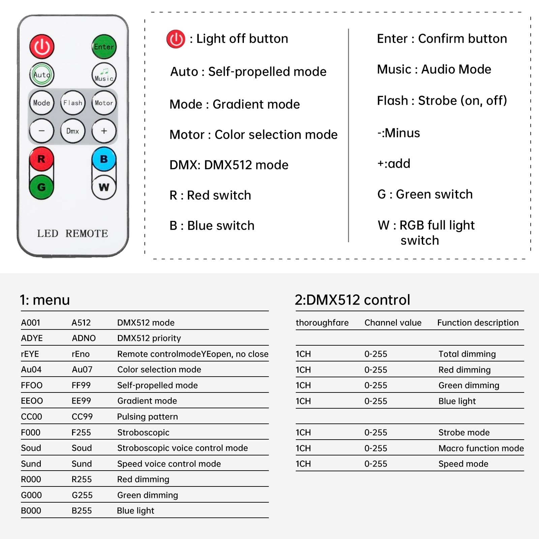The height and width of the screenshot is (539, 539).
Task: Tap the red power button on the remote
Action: [42, 46]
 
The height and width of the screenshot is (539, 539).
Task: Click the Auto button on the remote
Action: [42, 74]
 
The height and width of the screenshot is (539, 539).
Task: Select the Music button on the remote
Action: [104, 75]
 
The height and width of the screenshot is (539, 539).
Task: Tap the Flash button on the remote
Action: [73, 103]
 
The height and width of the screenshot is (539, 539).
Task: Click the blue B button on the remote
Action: [104, 159]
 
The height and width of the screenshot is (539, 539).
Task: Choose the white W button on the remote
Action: [104, 187]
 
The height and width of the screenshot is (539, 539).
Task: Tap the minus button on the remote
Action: [41, 131]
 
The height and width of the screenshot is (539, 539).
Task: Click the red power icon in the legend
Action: [176, 39]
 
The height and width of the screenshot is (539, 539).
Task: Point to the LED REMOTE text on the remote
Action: [72, 233]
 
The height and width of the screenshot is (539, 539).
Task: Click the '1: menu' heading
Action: [45, 299]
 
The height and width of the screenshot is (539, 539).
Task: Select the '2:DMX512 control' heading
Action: [352, 299]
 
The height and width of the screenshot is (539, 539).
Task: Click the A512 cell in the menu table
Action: [81, 322]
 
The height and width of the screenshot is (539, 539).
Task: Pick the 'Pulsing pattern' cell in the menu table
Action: [147, 416]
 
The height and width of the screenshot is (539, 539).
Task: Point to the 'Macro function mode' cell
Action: [481, 448]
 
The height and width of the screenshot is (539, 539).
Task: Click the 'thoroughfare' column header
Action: [322, 322]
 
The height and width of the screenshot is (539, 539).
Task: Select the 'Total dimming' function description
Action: [467, 354]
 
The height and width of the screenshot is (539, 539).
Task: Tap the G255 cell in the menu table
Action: [82, 495]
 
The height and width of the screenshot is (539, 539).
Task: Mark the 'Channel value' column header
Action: [393, 322]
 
